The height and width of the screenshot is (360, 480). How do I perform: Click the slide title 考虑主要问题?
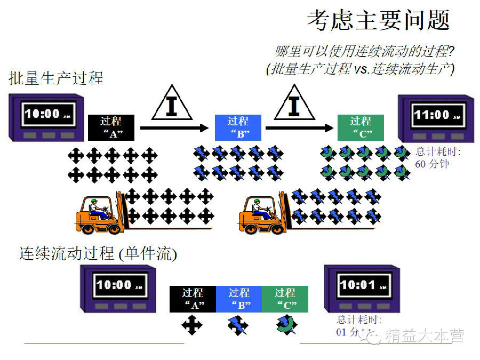[379, 20]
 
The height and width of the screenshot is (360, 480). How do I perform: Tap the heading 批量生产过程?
[56, 78]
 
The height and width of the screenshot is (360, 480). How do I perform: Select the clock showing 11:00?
[436, 118]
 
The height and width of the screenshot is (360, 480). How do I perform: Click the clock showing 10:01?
[362, 288]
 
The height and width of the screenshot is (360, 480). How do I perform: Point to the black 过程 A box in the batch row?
[111, 127]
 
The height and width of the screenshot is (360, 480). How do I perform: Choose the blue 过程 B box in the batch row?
[238, 127]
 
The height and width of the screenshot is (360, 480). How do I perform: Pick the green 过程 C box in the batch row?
[360, 127]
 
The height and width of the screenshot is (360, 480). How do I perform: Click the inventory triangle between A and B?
[171, 104]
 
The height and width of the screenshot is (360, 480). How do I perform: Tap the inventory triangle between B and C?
[294, 104]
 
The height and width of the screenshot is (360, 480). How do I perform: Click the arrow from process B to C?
[299, 128]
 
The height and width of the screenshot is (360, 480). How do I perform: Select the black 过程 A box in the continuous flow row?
[193, 299]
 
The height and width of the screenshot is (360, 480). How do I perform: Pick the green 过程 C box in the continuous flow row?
[285, 299]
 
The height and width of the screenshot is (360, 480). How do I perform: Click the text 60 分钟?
[432, 164]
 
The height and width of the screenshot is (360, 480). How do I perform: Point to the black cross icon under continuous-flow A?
[192, 325]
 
